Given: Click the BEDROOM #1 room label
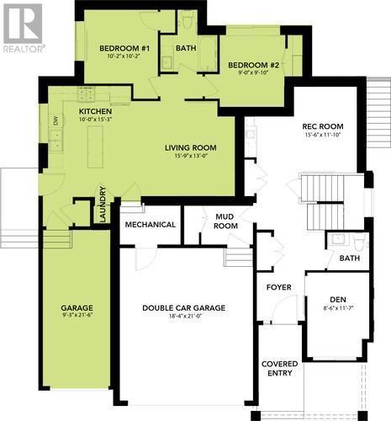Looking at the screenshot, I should (124, 49).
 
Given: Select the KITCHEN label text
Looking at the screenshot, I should (96, 111).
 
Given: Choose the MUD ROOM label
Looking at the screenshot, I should (225, 221).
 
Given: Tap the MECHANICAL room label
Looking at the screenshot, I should (151, 225).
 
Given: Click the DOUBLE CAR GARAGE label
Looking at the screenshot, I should (183, 308).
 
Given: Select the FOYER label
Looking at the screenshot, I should (279, 287).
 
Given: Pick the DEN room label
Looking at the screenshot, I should (336, 298).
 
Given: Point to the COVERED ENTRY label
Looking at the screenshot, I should (278, 368).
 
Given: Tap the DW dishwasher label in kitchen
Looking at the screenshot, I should (56, 121).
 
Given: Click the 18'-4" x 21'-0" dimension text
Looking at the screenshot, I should (183, 317).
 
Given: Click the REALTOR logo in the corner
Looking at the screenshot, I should (23, 27).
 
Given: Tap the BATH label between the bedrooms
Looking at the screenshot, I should (186, 48).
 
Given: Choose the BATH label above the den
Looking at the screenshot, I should (349, 258).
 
